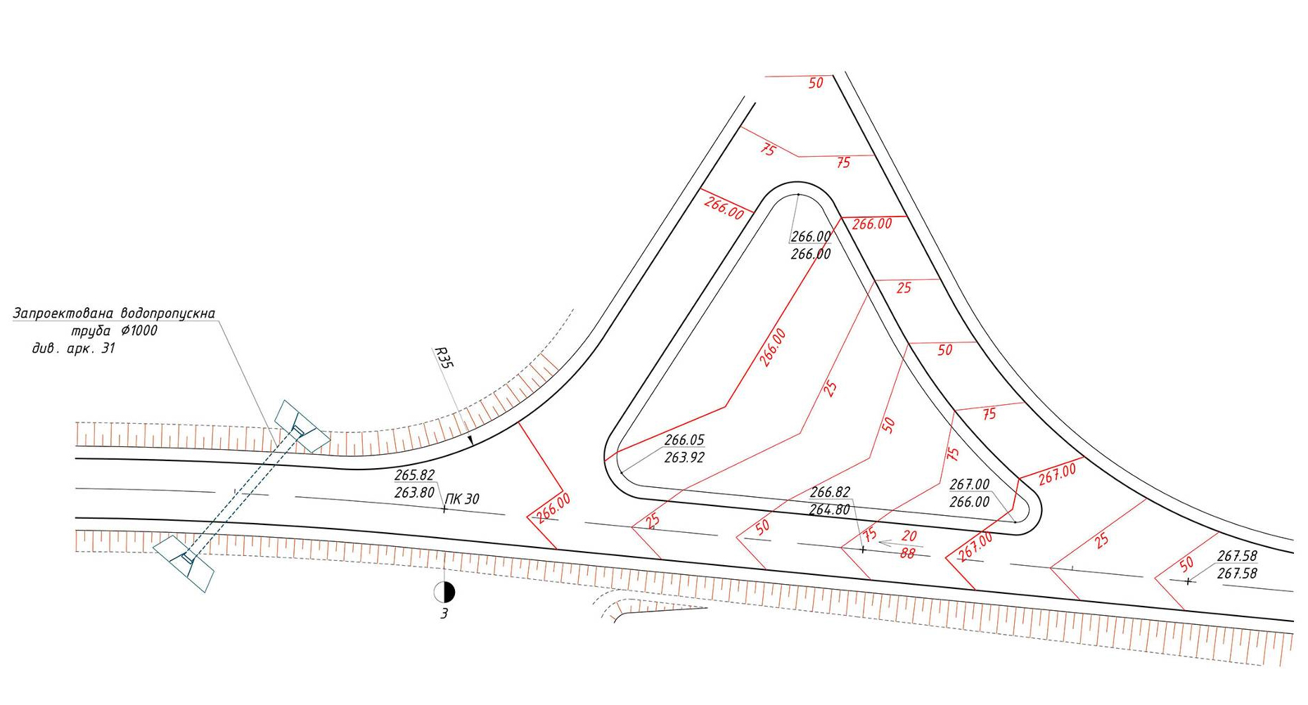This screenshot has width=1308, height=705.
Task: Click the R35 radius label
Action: click(444, 358)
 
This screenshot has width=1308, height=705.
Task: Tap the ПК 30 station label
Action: click(463, 499)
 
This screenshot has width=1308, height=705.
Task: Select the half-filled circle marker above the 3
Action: click(444, 593)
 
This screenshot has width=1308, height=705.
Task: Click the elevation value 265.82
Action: click(415, 475)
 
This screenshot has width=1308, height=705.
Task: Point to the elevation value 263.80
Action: click(415, 493)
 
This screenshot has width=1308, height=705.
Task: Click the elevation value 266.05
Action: click(684, 440)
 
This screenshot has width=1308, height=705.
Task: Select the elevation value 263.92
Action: click(684, 458)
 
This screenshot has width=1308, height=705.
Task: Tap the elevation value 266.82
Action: click(831, 492)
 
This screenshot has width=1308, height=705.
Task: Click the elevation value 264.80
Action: click(830, 510)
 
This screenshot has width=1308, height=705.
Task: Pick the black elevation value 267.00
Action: click(970, 484)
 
